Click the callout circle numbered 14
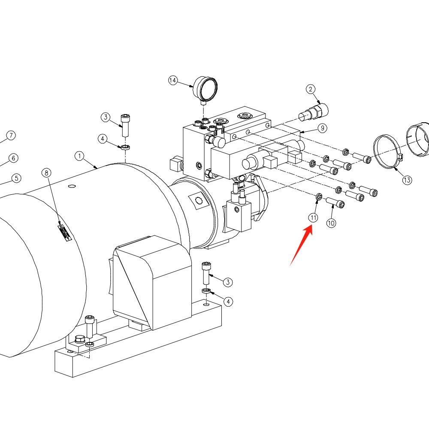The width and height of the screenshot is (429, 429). (172, 81)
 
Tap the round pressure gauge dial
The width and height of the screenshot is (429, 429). (206, 89)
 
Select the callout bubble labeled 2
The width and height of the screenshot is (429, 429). (310, 89)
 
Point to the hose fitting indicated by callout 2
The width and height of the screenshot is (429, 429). (314, 112)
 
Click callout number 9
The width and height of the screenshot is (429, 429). (323, 128)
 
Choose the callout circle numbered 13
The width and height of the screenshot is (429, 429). (407, 180)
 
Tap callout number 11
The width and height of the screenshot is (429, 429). (313, 218)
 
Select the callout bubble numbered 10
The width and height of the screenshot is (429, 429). (331, 223)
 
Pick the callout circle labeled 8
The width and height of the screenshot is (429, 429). (46, 173)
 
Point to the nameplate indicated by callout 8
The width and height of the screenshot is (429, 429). (65, 232)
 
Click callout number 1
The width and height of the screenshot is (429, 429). (79, 156)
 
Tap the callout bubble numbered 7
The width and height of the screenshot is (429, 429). (11, 136)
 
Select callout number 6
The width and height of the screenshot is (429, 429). (13, 158)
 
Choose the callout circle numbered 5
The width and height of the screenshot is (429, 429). (16, 178)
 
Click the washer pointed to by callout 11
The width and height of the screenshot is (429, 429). (319, 196)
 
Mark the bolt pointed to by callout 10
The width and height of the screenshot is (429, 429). (335, 202)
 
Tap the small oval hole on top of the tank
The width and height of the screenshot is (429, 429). (72, 186)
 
